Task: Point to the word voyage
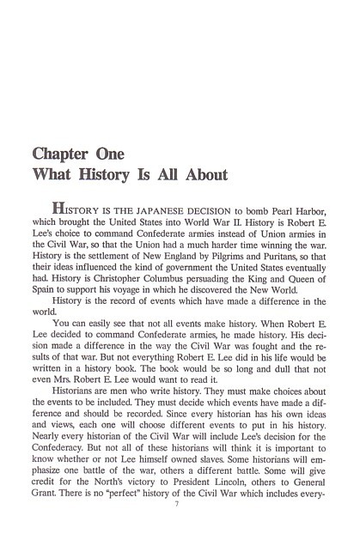(x=141, y=289)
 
